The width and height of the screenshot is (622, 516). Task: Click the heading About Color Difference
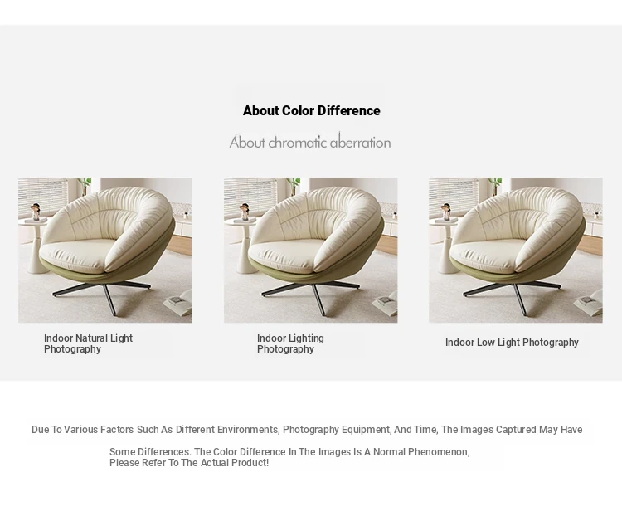(311, 110)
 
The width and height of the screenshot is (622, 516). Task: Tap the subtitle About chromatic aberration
(310, 142)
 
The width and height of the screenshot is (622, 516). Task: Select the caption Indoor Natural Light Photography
(88, 343)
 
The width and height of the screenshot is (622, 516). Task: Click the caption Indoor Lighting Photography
(290, 343)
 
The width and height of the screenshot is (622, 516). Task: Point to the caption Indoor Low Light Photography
(512, 343)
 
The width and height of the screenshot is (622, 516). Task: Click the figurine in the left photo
(36, 212)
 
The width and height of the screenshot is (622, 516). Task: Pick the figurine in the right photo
(446, 212)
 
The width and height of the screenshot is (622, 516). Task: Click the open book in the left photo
(179, 304)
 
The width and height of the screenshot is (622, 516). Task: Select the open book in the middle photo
(386, 304)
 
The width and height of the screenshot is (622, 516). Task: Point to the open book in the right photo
(590, 304)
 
